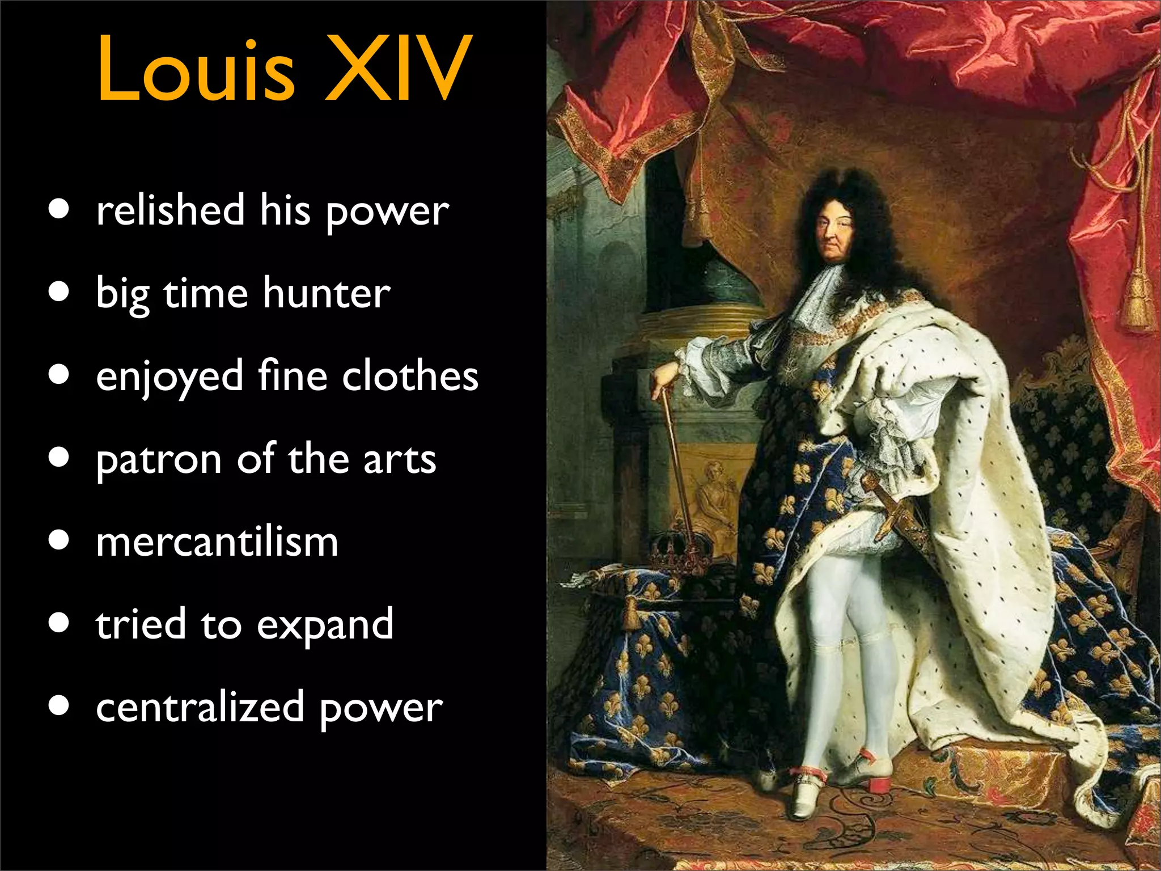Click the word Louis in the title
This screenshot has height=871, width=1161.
tap(196, 69)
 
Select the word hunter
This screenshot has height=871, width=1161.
tap(327, 294)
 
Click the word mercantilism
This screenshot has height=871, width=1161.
tap(217, 542)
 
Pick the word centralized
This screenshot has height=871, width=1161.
tap(200, 708)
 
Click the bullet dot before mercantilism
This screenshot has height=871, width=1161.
tap(59, 540)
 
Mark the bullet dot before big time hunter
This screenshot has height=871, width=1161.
tap(59, 291)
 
